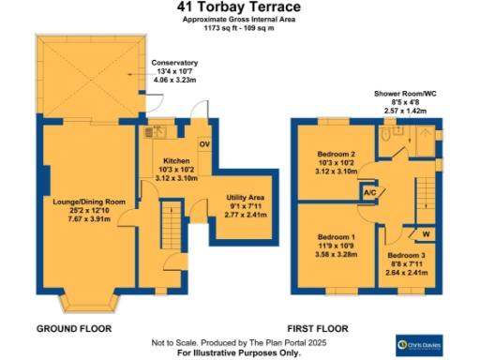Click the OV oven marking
click(x=204, y=143)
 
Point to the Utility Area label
click(x=247, y=199)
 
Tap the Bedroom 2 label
click(x=335, y=155)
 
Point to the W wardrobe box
click(x=424, y=232)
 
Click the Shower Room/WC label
click(x=406, y=94)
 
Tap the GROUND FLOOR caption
click(x=73, y=329)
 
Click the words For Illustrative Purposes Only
click(x=239, y=352)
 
